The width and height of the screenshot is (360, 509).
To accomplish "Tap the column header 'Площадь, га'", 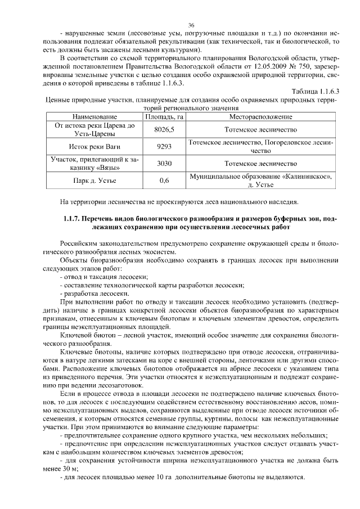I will [164, 116].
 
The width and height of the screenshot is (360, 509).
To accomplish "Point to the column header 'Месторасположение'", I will [260, 116].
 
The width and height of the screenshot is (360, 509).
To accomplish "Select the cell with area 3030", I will [164, 164].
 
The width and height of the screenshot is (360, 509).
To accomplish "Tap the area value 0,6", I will [164, 181].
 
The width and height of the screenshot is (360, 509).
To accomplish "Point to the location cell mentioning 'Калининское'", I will [260, 177].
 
